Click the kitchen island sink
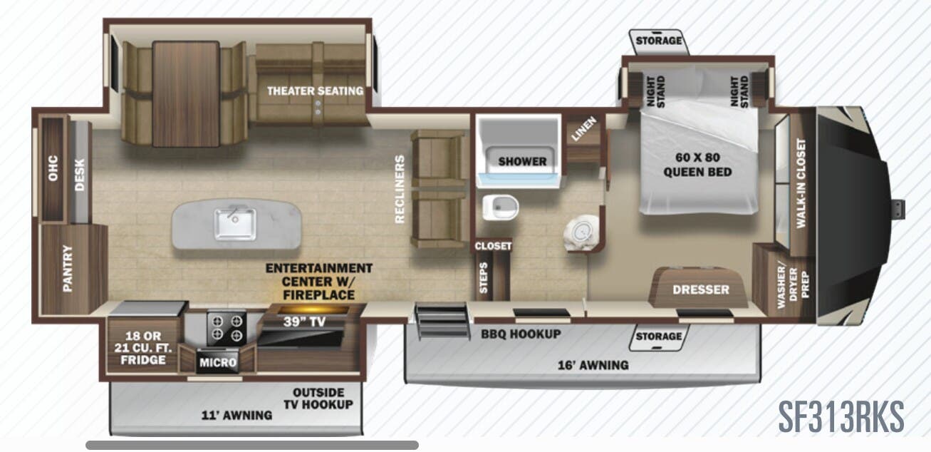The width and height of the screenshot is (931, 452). (x=234, y=224)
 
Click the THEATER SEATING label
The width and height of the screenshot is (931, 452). (x=315, y=91)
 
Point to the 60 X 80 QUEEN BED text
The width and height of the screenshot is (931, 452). (x=697, y=165)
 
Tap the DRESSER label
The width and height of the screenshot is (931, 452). (x=701, y=289)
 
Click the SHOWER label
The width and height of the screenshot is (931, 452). (x=521, y=161)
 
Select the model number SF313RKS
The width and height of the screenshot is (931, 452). (x=840, y=416)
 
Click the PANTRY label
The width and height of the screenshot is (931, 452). (x=68, y=269)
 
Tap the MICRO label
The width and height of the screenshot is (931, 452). (x=217, y=363)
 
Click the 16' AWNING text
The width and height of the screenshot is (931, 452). (x=593, y=365)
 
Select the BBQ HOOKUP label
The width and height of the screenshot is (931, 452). (x=520, y=334)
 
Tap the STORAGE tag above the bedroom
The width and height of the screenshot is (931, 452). (x=658, y=41)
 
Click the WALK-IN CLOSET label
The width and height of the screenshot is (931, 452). (x=801, y=183)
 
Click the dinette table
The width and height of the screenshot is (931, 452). (x=185, y=93)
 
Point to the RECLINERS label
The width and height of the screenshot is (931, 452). (x=400, y=189)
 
